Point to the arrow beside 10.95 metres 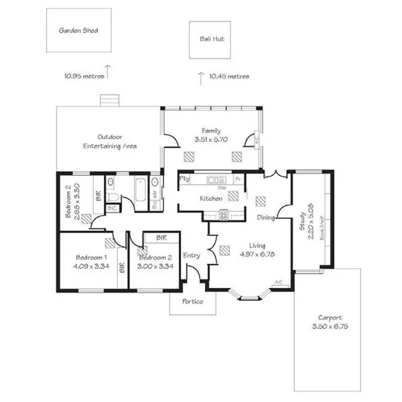coord(109,69)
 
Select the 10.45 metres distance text coord(229,77)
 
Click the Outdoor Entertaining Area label coord(110,141)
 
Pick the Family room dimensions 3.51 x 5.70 coord(212,140)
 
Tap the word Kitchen coord(211,199)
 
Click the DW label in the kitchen coord(220,188)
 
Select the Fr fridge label coord(238,180)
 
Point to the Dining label coord(266,218)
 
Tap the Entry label coord(192,255)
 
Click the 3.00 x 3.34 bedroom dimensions coord(155,266)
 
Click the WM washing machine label coord(154,195)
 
